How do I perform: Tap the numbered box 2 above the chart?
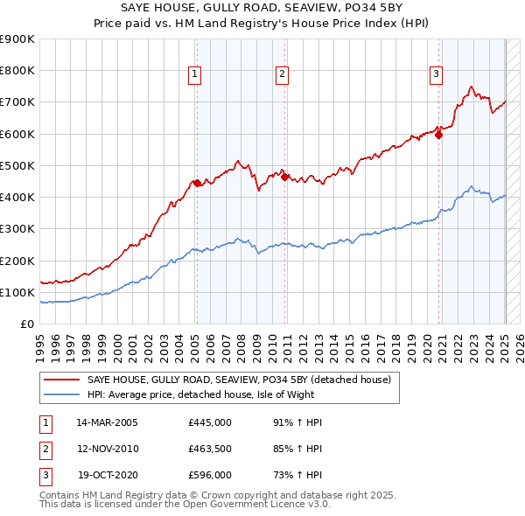(x=283, y=74)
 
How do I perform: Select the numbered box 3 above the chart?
(x=436, y=74)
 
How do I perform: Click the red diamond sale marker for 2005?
(x=198, y=183)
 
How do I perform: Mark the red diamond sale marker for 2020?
(x=439, y=135)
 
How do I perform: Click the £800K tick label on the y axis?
(x=17, y=71)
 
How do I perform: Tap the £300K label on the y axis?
(x=17, y=229)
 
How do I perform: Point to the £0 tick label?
(x=26, y=324)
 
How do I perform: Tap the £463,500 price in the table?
(x=210, y=449)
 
